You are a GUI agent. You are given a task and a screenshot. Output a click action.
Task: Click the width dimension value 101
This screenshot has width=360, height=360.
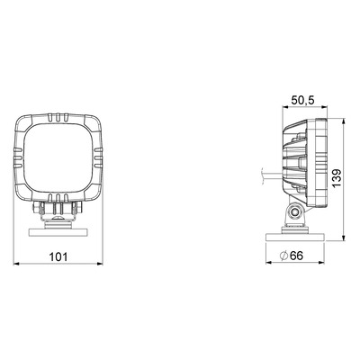tap(58, 256)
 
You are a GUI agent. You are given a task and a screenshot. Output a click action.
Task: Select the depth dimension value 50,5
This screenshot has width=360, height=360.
tap(303, 101)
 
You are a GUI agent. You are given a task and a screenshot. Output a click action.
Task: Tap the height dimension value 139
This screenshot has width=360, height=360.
tap(337, 178)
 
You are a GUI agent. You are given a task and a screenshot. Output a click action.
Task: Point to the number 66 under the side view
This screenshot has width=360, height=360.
tap(297, 256)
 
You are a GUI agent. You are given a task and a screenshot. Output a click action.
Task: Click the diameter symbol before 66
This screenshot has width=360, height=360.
tap(283, 256)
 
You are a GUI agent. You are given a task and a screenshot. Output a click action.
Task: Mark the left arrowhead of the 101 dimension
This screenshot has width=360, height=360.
tap(16, 264)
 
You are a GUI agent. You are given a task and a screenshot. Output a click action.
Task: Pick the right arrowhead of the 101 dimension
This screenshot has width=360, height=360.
tap(100, 264)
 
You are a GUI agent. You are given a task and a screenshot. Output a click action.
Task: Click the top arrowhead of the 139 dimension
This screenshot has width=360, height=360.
tap(344, 121)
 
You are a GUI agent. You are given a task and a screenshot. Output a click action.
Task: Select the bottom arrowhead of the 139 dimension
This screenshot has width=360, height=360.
tap(344, 238)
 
